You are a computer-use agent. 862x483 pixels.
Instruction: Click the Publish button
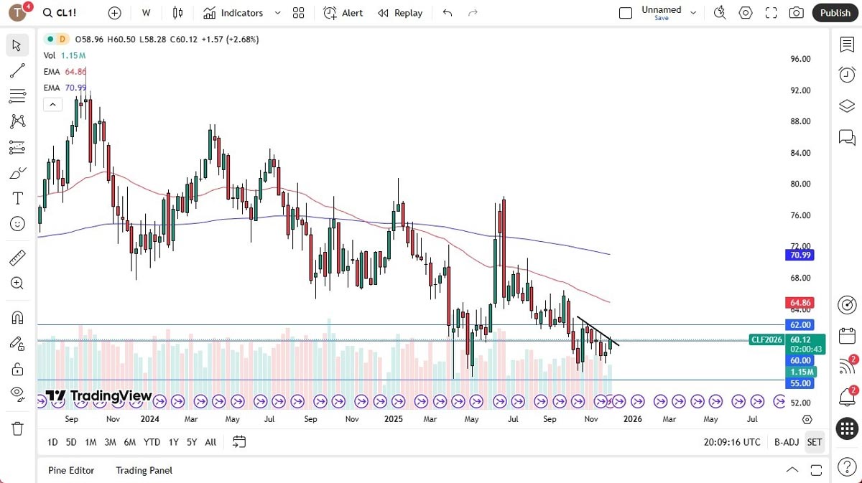(835, 13)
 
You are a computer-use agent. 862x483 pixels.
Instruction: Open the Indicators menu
(233, 13)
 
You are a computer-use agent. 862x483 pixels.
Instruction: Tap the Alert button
(343, 13)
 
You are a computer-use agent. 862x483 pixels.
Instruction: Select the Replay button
(400, 13)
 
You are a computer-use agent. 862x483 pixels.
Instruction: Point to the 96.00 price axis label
(800, 59)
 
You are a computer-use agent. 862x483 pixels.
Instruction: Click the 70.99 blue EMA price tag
(800, 255)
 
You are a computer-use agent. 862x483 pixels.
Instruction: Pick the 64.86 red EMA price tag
(800, 304)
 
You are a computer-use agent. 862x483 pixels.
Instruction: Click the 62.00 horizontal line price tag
(800, 325)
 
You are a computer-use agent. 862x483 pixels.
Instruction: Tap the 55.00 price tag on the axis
(800, 384)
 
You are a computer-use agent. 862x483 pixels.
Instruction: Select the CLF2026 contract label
(766, 339)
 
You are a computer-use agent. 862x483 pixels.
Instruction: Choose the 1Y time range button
(173, 442)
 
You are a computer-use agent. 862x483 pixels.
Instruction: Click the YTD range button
(152, 442)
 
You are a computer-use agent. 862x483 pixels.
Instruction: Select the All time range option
(210, 442)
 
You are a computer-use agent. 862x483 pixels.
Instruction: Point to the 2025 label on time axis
(394, 418)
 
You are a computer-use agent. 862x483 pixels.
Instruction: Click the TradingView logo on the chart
(99, 396)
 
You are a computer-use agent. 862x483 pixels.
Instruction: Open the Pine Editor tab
(71, 470)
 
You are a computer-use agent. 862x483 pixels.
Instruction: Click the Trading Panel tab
(144, 470)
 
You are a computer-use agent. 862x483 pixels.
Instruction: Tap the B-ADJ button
(787, 442)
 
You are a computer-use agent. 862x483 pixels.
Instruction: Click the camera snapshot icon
(796, 13)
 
